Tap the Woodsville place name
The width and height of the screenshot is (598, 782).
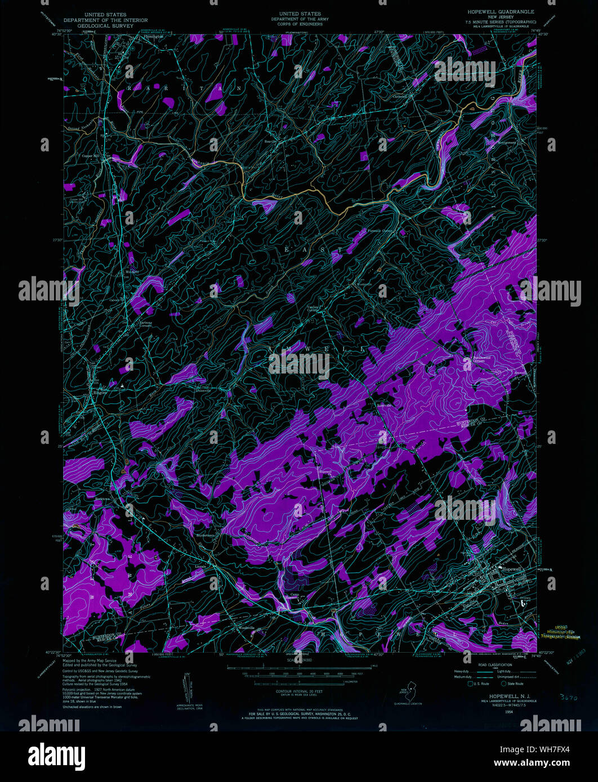click(x=243, y=628)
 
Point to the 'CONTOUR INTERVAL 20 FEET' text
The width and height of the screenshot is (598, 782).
click(x=298, y=690)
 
